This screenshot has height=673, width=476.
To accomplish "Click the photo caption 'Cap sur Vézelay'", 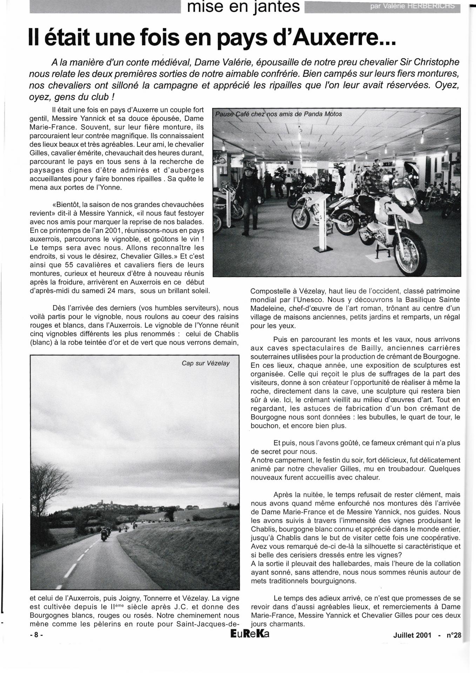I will [x=206, y=363].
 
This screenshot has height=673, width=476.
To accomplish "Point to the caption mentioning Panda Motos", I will [x=279, y=114].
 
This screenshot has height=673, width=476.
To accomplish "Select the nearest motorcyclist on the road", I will [x=105, y=535].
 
